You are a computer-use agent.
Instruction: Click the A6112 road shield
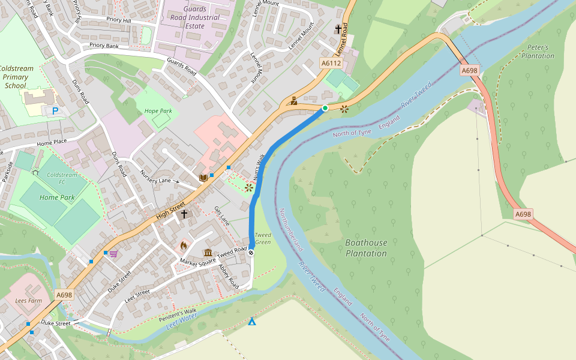(331, 63)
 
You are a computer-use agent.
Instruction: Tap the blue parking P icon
(55, 111)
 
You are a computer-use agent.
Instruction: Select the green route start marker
(325, 108)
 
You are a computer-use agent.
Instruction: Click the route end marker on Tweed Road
(251, 253)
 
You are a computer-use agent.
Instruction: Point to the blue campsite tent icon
(252, 322)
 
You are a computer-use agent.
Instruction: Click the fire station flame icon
(184, 245)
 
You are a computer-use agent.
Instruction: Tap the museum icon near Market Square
(208, 253)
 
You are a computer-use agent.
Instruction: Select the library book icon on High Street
(203, 178)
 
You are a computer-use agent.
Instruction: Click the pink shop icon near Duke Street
(113, 254)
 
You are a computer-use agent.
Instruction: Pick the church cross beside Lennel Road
(338, 29)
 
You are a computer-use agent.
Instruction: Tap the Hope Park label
(158, 111)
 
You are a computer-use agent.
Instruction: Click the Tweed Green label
(263, 238)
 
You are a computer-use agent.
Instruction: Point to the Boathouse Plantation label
(366, 248)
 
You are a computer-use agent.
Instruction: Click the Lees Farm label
(28, 300)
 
